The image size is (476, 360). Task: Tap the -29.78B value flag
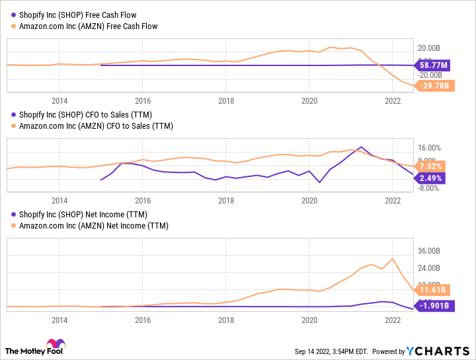[x=434, y=85]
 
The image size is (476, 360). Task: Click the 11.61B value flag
[x=434, y=289]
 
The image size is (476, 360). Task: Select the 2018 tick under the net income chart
[x=226, y=320]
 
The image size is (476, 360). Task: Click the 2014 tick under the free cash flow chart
[x=59, y=100]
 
